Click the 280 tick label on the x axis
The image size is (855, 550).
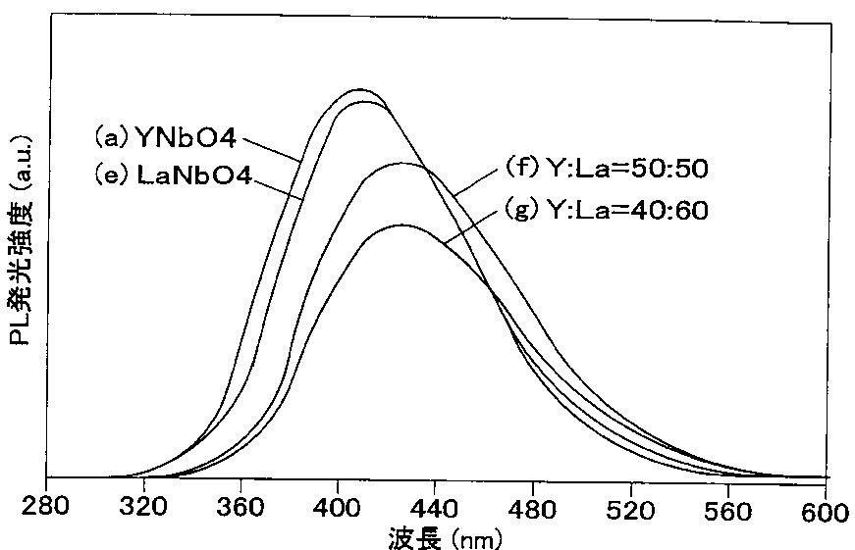(x=45, y=506)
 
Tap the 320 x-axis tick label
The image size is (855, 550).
(x=143, y=507)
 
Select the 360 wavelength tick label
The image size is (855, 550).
(x=240, y=507)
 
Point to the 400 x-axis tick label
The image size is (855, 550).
(x=337, y=508)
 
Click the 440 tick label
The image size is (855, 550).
(x=435, y=509)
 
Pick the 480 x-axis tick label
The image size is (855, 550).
(x=532, y=510)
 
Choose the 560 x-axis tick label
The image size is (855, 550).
(x=727, y=512)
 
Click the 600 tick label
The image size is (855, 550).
(x=825, y=513)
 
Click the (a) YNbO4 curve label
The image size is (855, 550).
(x=166, y=138)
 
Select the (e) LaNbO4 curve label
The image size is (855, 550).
(x=173, y=175)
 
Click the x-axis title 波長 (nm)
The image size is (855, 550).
(x=445, y=539)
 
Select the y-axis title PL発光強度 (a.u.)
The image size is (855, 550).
(x=21, y=239)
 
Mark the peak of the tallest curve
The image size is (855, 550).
(x=359, y=90)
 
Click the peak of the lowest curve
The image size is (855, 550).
(x=402, y=225)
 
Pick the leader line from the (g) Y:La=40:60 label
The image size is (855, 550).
(x=471, y=226)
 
